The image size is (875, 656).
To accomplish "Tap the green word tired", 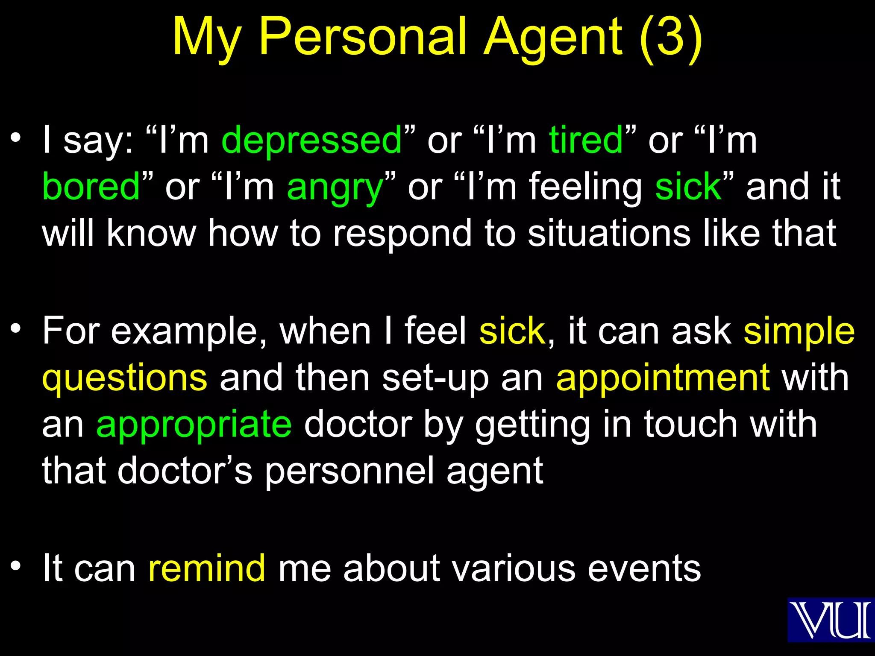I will [x=586, y=140].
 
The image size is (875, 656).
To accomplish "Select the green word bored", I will [x=91, y=187].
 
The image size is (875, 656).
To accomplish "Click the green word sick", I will [x=688, y=187].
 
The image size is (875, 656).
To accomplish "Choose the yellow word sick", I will [x=512, y=331].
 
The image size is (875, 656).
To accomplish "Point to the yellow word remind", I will [x=207, y=568].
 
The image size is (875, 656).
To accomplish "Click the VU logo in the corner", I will [x=831, y=620].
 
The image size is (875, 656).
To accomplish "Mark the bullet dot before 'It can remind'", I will [x=16, y=565].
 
